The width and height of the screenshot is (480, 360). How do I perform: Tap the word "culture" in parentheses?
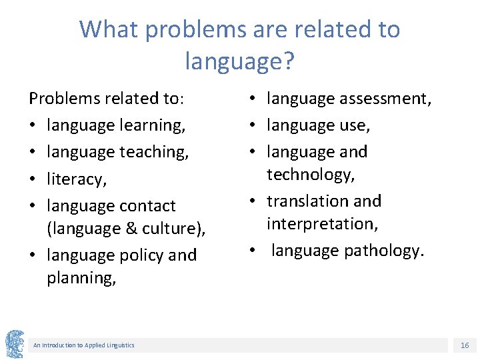(168, 229)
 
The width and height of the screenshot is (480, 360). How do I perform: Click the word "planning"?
(80, 278)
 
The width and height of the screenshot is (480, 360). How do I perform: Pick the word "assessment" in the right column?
(385, 99)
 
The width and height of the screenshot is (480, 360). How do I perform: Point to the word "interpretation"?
(322, 224)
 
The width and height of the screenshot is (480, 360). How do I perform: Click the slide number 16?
(465, 345)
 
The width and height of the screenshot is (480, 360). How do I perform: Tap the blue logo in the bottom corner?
(14, 344)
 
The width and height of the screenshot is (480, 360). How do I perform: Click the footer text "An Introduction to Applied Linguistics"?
(83, 345)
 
